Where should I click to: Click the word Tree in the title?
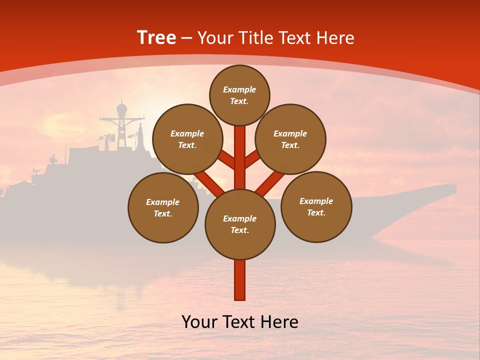point(156,38)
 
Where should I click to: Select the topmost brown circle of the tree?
point(239,95)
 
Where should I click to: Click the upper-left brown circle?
point(187,139)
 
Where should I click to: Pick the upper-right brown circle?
point(290,139)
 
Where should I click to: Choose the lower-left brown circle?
point(163,207)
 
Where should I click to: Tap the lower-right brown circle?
point(316,206)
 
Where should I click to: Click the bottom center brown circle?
point(240,224)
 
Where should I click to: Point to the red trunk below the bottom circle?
point(240,280)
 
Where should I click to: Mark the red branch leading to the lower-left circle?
point(209,183)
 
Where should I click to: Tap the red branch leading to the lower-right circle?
point(269,183)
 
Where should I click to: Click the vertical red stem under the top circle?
point(240,155)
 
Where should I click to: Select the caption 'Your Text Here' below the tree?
point(240,322)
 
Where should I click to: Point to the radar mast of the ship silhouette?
point(121,122)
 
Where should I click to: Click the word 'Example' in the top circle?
point(239,90)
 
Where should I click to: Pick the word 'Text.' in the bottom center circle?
point(239,230)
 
